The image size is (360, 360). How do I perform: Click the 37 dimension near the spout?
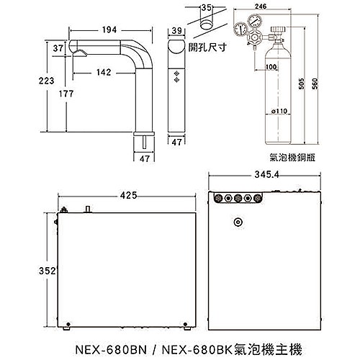tap(58, 48)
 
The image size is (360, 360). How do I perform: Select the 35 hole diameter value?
tap(207, 9)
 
